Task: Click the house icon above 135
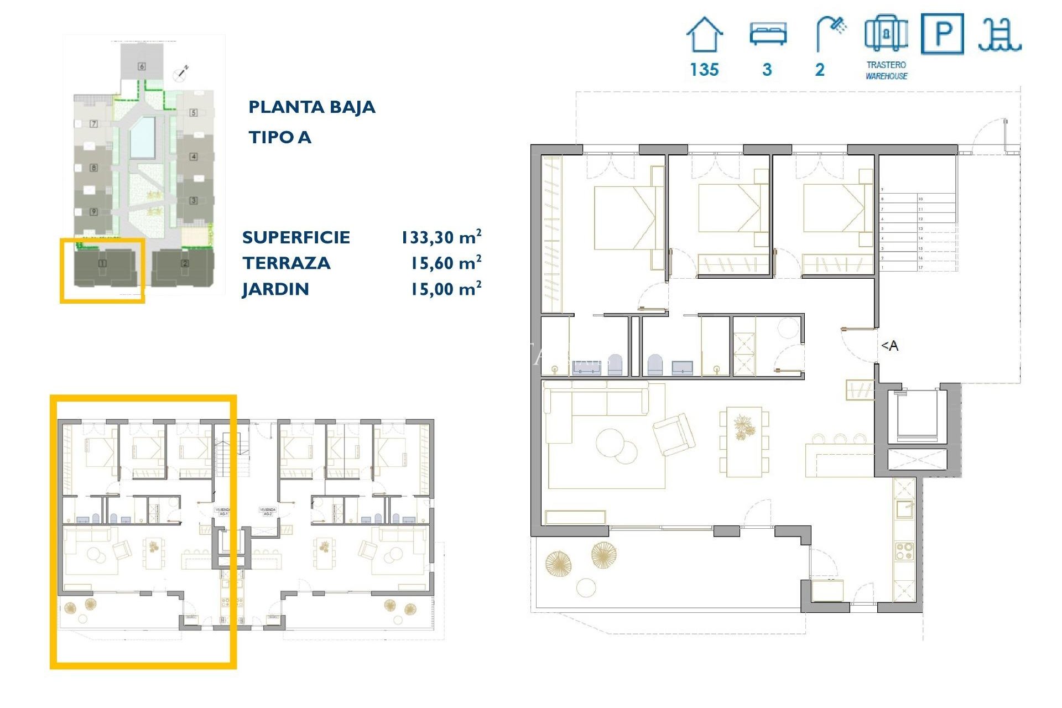click(x=704, y=34)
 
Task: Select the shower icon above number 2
click(x=830, y=33)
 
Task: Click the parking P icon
click(x=943, y=34)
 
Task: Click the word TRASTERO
click(x=886, y=65)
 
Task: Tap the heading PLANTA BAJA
click(x=311, y=107)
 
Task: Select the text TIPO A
click(x=279, y=137)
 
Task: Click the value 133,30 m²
click(x=441, y=237)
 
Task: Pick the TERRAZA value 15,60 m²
click(x=445, y=263)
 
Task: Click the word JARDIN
click(x=275, y=289)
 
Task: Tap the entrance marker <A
click(x=889, y=346)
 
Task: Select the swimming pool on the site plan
click(x=142, y=137)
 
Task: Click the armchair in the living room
click(x=674, y=435)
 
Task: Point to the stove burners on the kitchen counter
click(x=904, y=551)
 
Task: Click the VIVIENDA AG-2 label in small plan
click(x=268, y=511)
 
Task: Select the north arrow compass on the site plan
click(x=181, y=72)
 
